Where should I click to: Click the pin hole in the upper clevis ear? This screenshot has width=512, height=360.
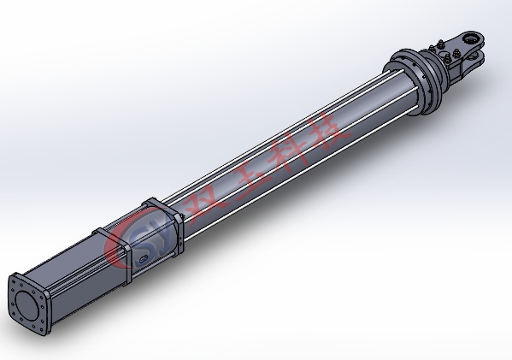click(x=470, y=39)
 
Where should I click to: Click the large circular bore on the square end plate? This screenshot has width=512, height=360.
click(x=26, y=306)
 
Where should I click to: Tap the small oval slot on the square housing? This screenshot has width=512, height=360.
click(x=144, y=260)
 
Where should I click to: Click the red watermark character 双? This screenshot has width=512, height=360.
click(x=205, y=205)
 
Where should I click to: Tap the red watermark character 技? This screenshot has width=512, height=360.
click(x=330, y=130)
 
